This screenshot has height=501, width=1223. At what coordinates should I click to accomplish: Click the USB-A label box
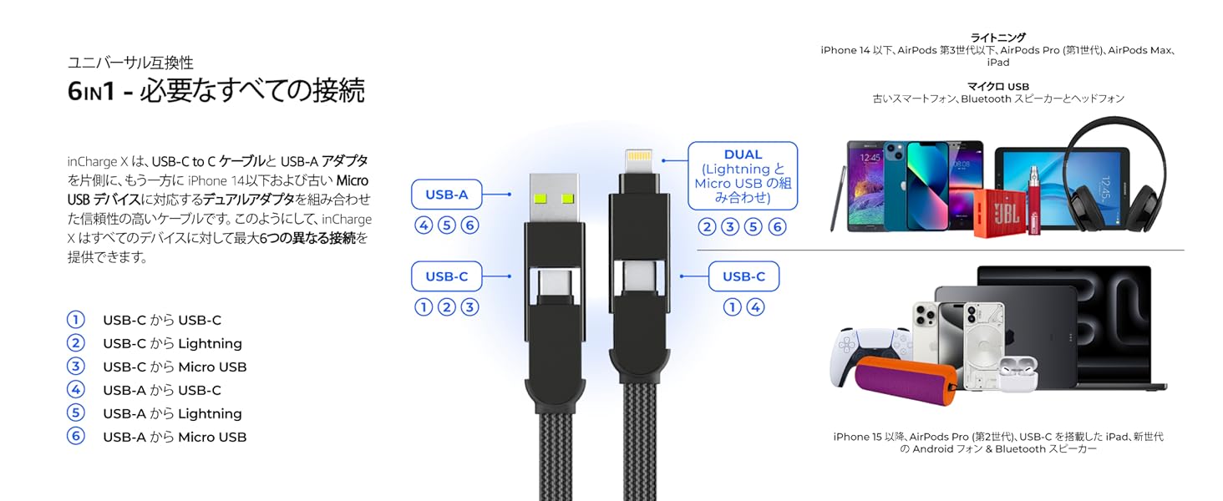tap(447, 195)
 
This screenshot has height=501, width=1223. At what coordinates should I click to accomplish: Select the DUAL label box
tap(743, 175)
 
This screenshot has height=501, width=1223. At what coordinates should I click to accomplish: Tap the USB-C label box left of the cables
tap(447, 276)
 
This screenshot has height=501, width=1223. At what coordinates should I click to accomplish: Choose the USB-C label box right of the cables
tap(743, 276)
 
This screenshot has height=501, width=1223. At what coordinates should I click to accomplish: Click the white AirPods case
tap(1017, 373)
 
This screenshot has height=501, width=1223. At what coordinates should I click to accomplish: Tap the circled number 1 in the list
tap(76, 320)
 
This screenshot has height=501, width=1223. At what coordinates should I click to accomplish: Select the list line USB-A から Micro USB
tap(175, 437)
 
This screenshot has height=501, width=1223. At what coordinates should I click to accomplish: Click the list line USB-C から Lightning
tap(172, 343)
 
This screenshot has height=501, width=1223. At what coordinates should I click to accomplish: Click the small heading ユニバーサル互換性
tap(130, 63)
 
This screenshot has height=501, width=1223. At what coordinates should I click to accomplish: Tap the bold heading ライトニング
tap(997, 38)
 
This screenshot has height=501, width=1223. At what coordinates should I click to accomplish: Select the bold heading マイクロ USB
tap(997, 86)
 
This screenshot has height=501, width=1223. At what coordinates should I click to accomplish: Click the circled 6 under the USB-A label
tap(470, 225)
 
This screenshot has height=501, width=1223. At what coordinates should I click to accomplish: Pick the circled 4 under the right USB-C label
tap(755, 307)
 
